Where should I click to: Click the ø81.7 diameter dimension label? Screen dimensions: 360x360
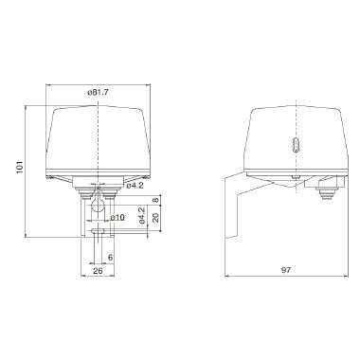pyautogui.click(x=99, y=92)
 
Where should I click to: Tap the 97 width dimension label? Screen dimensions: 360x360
pyautogui.click(x=285, y=269)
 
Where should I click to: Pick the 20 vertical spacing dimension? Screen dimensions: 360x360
pyautogui.click(x=155, y=220)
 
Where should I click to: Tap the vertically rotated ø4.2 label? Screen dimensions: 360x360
pyautogui.click(x=141, y=219)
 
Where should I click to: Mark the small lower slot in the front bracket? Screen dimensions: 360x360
pyautogui.click(x=99, y=230)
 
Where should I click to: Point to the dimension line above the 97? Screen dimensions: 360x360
pyautogui.click(x=285, y=277)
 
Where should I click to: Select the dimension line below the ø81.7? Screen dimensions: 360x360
pyautogui.click(x=99, y=99)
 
